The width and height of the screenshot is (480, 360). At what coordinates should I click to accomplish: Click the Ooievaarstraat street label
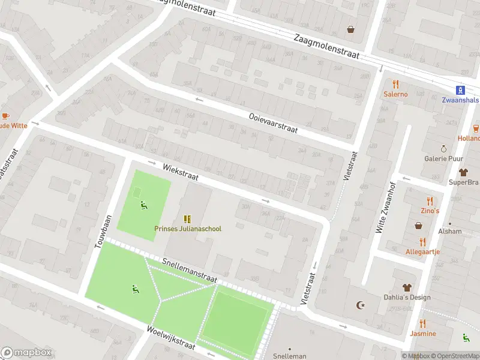point(272,123)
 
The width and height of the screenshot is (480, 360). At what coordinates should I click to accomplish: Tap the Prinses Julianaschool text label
point(187,229)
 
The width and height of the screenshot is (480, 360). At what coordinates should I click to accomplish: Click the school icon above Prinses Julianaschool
point(187,218)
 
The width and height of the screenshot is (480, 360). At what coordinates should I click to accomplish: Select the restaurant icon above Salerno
point(395,84)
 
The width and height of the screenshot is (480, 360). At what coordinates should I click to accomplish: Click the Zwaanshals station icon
point(460,90)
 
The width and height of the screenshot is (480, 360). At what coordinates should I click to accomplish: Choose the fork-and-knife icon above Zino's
point(429,201)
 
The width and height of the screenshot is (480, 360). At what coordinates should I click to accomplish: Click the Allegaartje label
point(422,251)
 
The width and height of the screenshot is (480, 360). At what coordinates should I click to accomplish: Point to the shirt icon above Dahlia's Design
point(407,287)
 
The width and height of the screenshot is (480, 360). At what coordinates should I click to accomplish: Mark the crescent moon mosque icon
point(361,305)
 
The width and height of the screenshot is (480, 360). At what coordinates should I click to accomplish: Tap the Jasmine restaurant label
point(423,334)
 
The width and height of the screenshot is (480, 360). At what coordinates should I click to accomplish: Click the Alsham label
point(450,231)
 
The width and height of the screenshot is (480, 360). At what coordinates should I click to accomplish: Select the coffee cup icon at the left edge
point(5,116)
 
